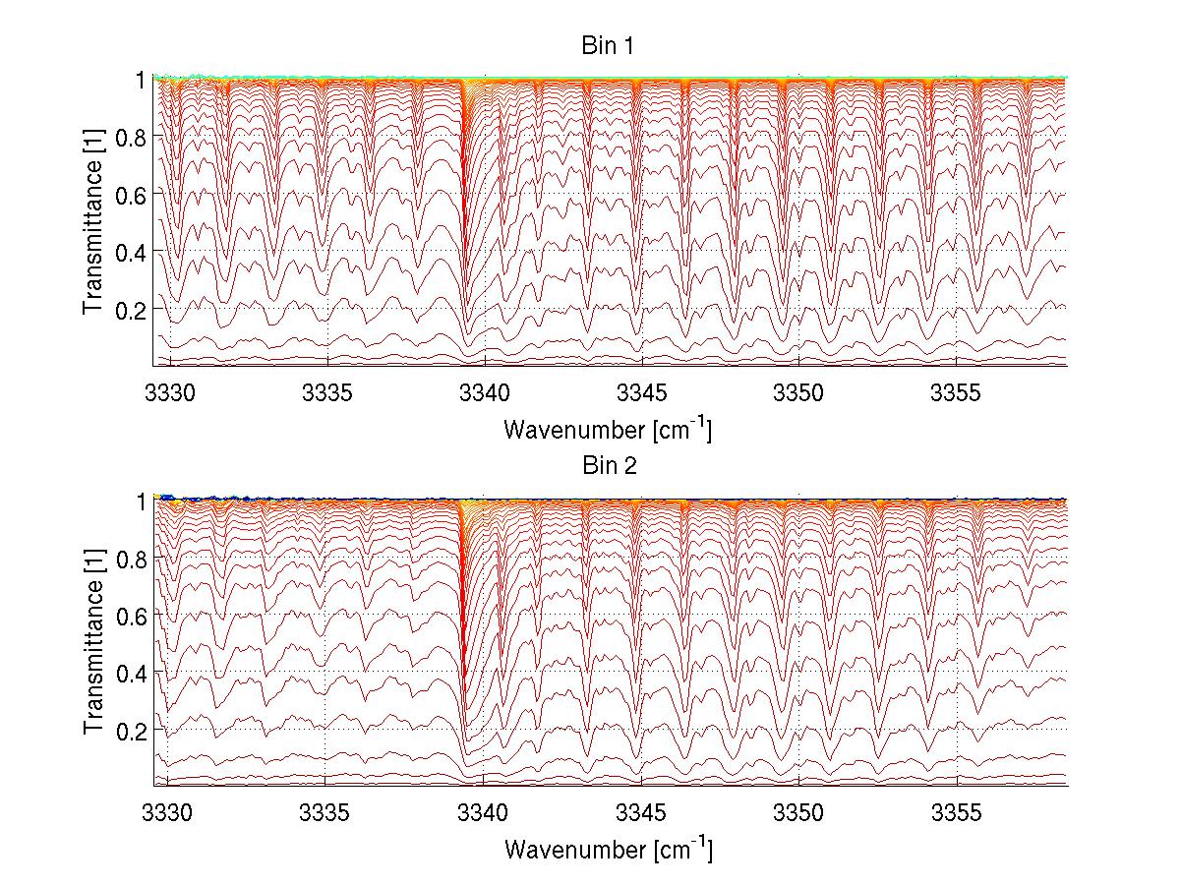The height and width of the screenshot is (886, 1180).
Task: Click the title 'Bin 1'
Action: click(x=608, y=46)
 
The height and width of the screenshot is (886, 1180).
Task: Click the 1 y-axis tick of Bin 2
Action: click(x=142, y=501)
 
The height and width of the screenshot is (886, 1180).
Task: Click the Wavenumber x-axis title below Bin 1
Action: click(x=608, y=429)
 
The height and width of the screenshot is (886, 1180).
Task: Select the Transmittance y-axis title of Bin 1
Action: click(x=93, y=223)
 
